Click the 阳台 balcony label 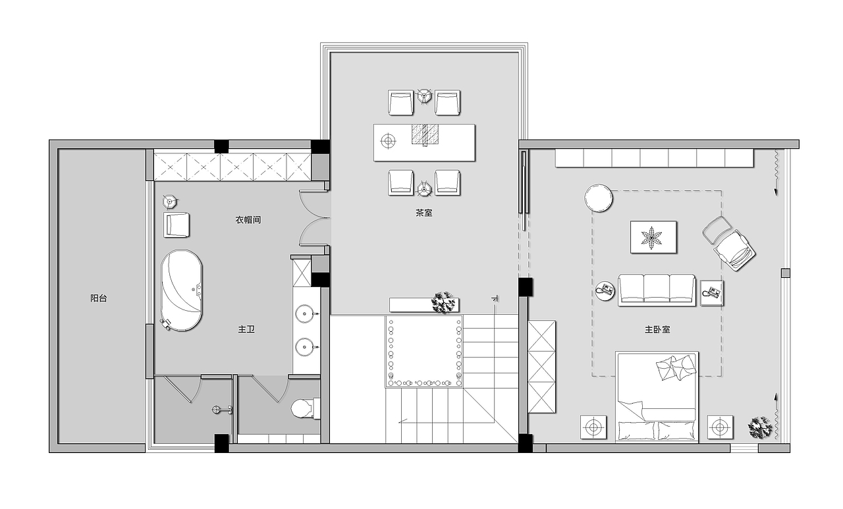coord(99,298)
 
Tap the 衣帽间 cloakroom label coord(248,220)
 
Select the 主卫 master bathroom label coord(246,329)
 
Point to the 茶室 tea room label coord(424,213)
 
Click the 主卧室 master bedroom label coord(657,329)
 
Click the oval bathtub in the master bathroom coord(181,290)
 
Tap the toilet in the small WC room coord(305,408)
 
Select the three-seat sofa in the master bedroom coord(657,290)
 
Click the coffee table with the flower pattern coord(654,237)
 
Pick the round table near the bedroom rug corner coord(599,198)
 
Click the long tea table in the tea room coord(424,143)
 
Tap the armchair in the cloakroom coord(176,225)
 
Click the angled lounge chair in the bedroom coord(729,244)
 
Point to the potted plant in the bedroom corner coord(760,428)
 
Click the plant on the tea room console coord(443,302)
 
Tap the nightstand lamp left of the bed coord(593,427)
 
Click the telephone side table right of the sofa coord(712,292)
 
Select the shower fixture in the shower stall coord(222,410)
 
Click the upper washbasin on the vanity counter coord(304,313)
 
